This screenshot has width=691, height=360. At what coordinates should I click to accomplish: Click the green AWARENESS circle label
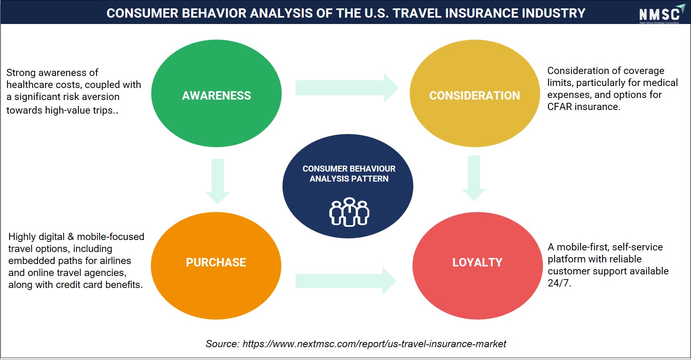coord(216,96)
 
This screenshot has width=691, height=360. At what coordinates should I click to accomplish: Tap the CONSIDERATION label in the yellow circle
coord(475,96)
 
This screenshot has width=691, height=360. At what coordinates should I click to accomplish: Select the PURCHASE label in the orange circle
coord(216,262)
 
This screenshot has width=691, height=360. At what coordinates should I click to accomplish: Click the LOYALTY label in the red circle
coord(477,262)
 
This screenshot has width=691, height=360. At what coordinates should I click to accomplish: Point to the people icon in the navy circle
coord(349,212)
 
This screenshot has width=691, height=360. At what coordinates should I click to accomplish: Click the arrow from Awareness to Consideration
coord(347,88)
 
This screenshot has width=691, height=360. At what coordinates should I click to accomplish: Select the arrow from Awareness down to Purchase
coord(217,181)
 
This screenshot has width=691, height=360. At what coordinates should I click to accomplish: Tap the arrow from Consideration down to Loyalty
coord(474,178)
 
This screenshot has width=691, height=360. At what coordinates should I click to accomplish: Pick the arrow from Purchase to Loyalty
coord(346,281)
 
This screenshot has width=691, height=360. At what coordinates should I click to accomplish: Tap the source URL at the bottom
coord(374,344)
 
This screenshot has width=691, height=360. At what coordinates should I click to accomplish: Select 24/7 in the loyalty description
coord(559,283)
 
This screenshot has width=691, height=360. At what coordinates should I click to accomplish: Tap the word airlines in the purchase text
coord(115,261)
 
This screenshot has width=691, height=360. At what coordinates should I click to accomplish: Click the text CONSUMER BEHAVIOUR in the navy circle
coord(349,169)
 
